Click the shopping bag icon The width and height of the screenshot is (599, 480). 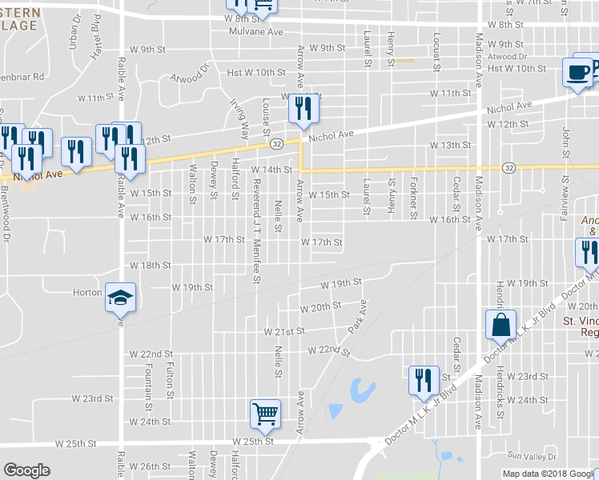click(x=500, y=325)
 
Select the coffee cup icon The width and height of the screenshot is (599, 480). click(x=577, y=72)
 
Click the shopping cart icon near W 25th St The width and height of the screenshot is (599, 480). click(x=265, y=414)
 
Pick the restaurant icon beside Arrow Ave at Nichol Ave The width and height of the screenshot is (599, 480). click(x=301, y=110)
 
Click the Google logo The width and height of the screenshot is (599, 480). click(x=26, y=470)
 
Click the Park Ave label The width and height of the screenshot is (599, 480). click(x=356, y=317)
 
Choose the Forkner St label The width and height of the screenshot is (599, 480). click(x=413, y=198)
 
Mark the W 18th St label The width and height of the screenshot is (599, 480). click(x=151, y=265)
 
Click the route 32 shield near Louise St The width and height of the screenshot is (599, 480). click(x=275, y=143)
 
